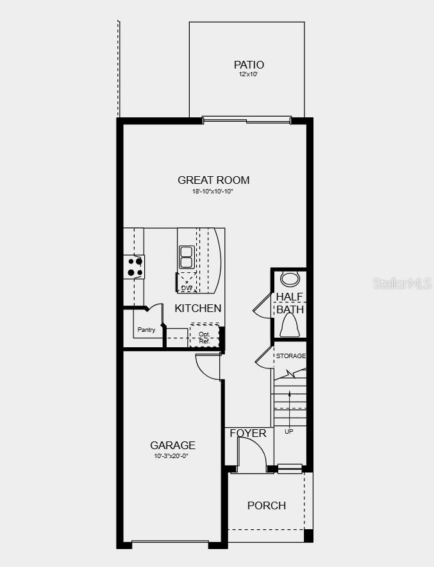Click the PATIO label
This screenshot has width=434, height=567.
point(249,65)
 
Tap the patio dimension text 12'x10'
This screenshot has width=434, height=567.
point(249,75)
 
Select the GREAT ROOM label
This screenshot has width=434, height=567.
point(213,181)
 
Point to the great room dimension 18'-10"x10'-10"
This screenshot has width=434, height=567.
point(213,191)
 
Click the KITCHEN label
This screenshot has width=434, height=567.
point(198,308)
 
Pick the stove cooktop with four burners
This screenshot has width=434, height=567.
point(134,267)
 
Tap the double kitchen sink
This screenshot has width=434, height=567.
point(187,257)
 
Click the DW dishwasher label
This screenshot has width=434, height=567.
point(187,288)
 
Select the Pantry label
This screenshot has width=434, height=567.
point(146,330)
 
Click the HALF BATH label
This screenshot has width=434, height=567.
point(290,303)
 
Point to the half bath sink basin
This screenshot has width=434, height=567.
point(290,279)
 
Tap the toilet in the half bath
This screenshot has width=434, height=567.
point(290,327)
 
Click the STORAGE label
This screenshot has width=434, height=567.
point(290,356)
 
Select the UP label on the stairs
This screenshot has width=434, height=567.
point(288,431)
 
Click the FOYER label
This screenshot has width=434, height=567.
point(248,434)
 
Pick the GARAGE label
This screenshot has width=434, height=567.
point(172,445)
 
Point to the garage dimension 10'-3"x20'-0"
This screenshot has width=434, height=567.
point(172,456)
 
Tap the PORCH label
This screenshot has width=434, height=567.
point(267,505)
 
